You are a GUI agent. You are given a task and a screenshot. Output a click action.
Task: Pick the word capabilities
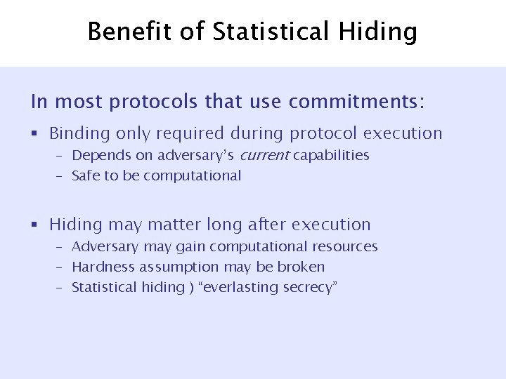[x=331, y=155]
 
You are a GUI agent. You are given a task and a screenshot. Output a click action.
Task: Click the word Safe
[x=86, y=175]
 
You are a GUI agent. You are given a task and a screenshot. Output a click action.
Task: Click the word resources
[x=347, y=246]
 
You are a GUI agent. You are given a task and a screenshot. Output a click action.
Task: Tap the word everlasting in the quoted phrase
[x=242, y=287]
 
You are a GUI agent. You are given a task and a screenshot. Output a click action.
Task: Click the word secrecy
[x=312, y=287]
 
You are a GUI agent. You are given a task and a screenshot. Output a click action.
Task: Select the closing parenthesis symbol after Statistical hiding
[x=190, y=288]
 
